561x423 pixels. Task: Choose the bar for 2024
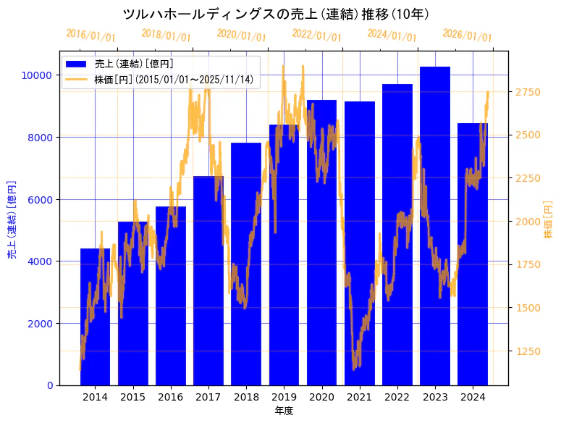click(x=473, y=254)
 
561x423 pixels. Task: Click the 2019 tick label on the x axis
click(x=284, y=397)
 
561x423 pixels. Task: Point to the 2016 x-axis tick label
click(x=171, y=397)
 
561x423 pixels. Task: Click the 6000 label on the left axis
click(x=39, y=199)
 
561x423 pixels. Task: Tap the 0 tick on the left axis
click(x=48, y=385)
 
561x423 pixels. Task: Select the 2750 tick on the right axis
click(x=526, y=92)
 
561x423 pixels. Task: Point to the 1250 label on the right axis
click(x=526, y=351)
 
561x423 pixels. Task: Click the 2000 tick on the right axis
click(x=526, y=222)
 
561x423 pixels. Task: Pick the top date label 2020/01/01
click(x=242, y=35)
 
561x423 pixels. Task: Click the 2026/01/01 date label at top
click(x=467, y=35)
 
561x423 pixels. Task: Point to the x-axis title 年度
click(x=284, y=411)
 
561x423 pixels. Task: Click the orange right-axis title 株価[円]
click(x=548, y=222)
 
